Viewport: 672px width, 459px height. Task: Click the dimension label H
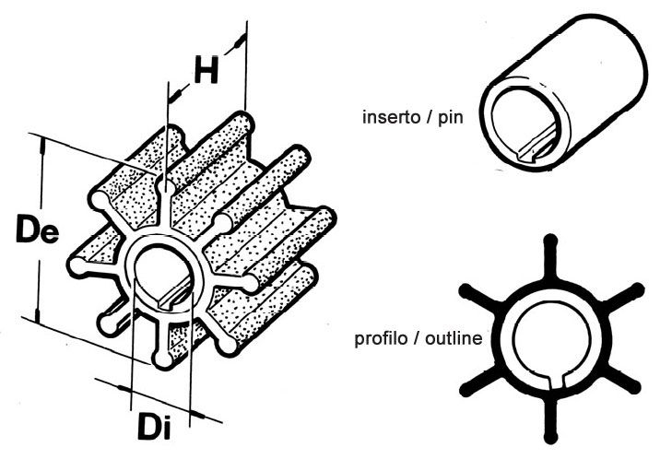[x=206, y=69]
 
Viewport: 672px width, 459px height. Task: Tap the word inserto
[x=391, y=116]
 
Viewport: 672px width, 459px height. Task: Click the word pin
[x=451, y=118]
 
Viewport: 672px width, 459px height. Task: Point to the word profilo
[x=381, y=339]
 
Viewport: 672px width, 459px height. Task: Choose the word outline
[x=454, y=338]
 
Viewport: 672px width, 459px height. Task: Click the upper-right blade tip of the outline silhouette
[x=637, y=290]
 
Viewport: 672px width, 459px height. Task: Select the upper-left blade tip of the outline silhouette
[x=465, y=291]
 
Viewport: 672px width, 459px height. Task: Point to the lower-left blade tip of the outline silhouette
[x=466, y=389]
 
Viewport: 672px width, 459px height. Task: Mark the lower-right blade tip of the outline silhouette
[x=634, y=387]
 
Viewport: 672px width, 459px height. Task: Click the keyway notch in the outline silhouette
[x=556, y=382]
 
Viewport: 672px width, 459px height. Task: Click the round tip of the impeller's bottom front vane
[x=162, y=359]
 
